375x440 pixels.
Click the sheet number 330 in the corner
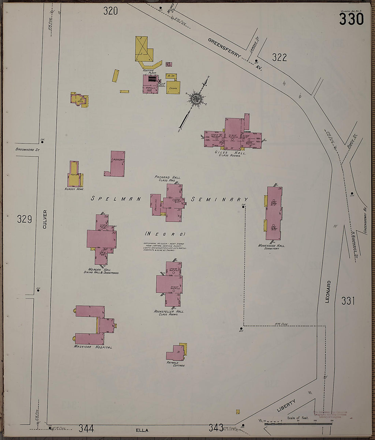351,20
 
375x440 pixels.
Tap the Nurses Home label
74,189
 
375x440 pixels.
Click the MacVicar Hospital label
93,347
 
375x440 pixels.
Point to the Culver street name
45,219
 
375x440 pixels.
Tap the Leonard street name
328,292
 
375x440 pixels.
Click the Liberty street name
286,405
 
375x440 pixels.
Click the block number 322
279,58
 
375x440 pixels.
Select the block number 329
25,219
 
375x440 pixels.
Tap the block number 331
348,301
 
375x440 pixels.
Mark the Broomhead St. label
28,149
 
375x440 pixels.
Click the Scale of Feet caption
298,418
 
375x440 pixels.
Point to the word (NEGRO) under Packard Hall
165,234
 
